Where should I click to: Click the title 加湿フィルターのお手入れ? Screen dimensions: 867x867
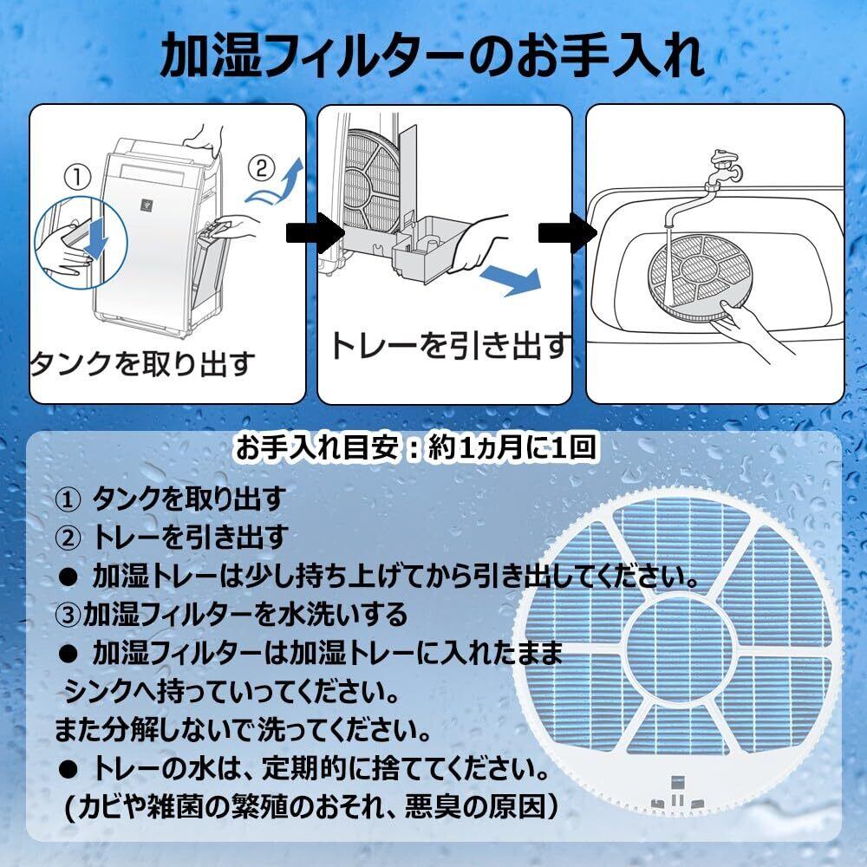[433, 56]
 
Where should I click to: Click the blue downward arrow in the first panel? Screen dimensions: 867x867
[98, 237]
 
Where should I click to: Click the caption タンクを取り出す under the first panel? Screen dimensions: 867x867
[144, 362]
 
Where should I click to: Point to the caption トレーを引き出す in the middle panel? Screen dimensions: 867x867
[449, 346]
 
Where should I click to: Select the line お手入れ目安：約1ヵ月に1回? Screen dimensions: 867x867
[416, 448]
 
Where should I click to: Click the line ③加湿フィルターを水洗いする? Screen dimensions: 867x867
[231, 615]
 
